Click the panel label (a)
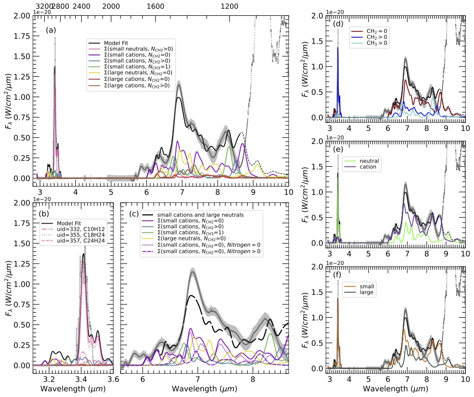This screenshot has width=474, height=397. pos(51,30)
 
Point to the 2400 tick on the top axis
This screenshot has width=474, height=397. pos(82,6)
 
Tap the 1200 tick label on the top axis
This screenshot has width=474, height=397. pos(229,6)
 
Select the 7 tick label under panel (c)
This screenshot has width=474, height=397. pos(197,379)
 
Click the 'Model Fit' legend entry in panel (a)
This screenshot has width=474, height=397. pos(115,42)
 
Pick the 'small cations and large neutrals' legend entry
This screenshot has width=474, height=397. pos(200,215)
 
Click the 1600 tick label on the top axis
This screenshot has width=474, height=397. pos(156,6)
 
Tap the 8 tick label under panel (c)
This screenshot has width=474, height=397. pos(253,379)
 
